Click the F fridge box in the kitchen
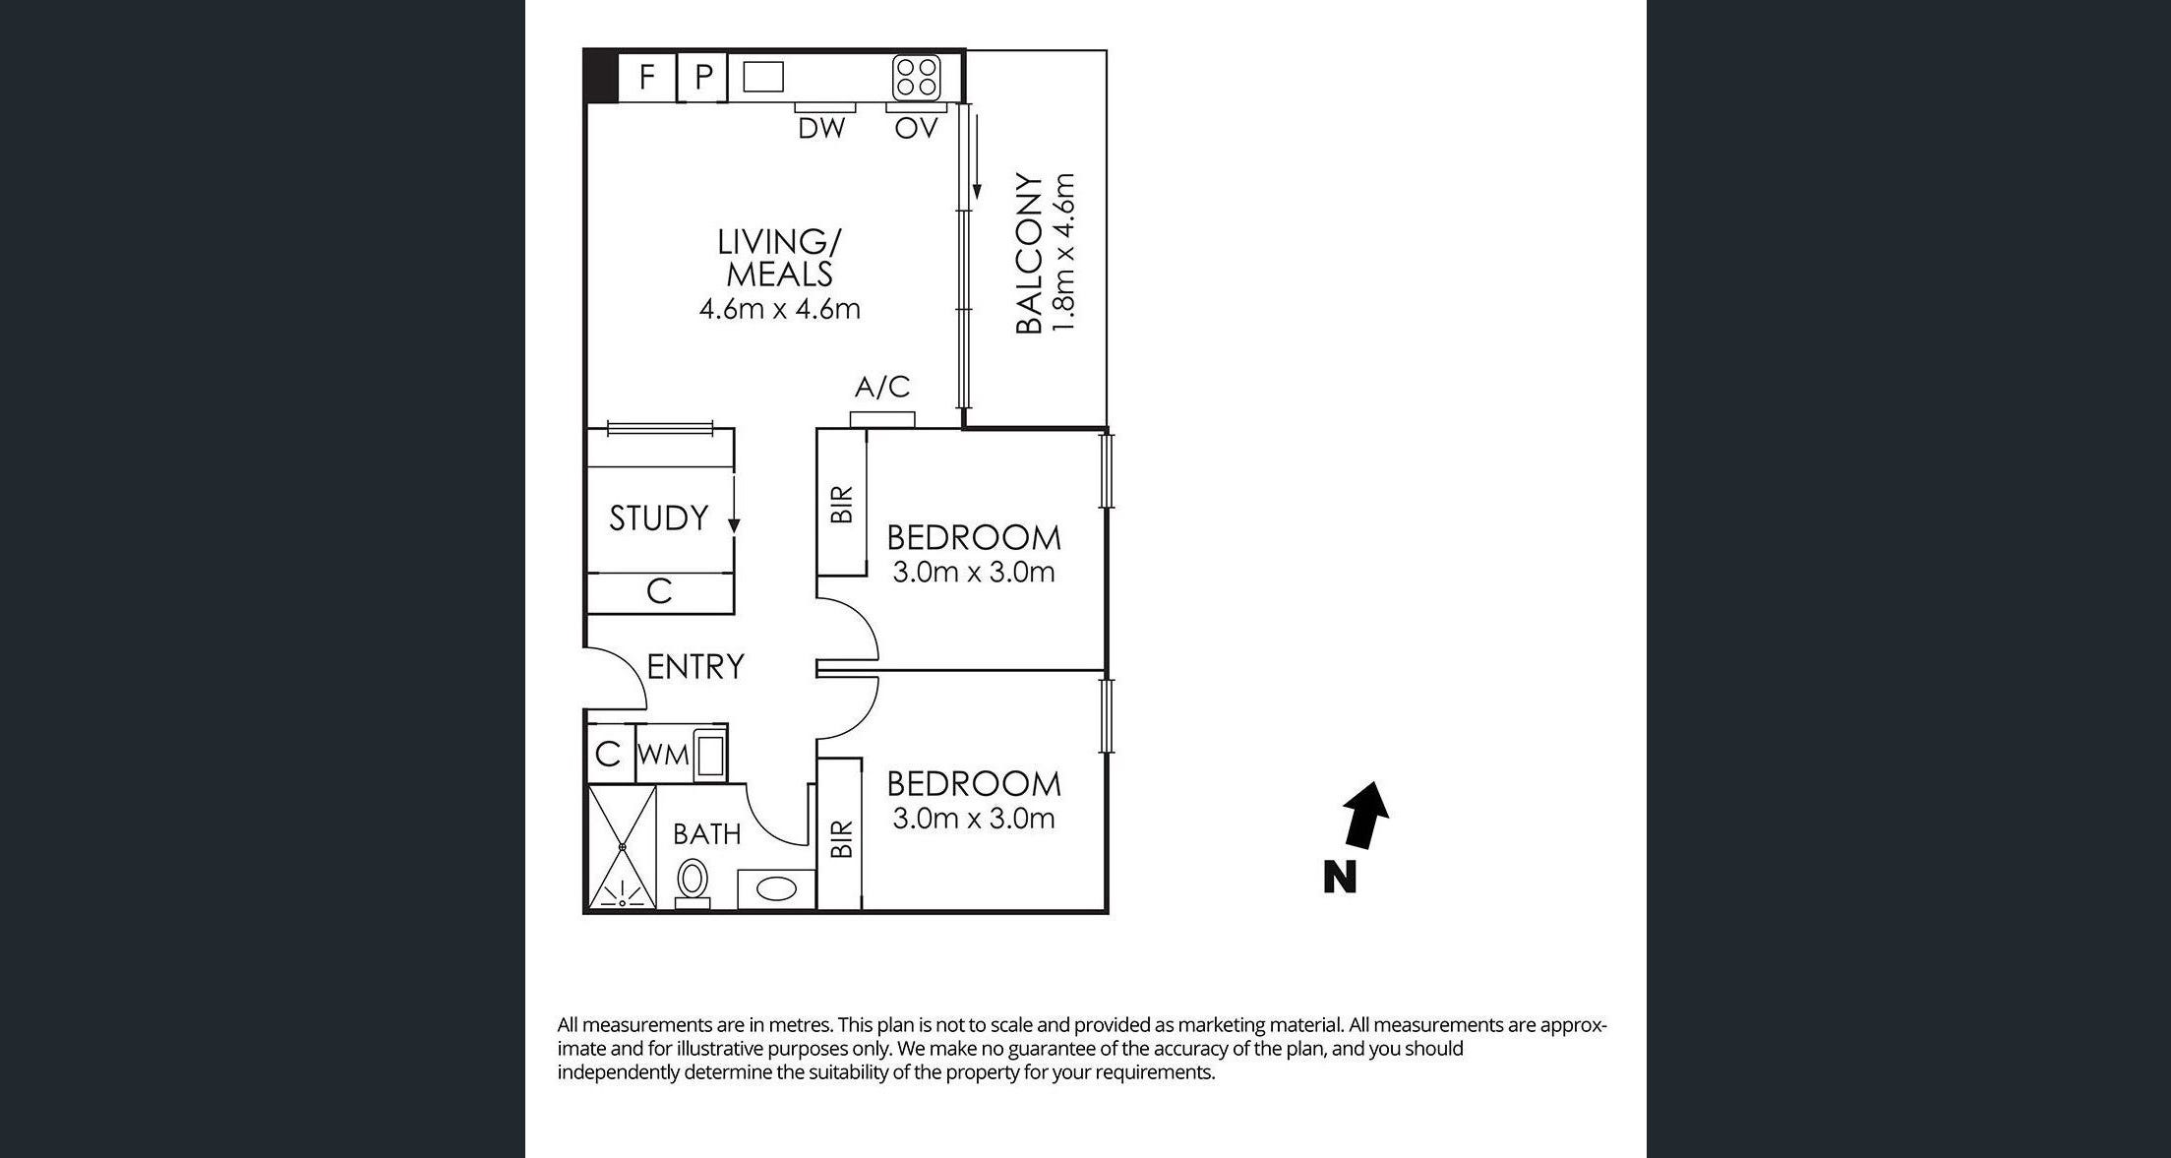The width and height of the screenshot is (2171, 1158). point(646,77)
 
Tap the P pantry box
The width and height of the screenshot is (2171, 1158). point(702,77)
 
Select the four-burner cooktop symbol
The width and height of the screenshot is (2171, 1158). point(916,77)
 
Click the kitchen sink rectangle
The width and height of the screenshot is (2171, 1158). point(763,77)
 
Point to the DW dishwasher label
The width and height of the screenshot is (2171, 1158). point(821,128)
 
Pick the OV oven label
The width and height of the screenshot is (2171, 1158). point(916,128)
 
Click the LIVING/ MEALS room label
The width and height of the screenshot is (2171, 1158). point(779,258)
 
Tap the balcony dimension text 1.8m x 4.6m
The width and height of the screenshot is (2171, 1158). point(1064,253)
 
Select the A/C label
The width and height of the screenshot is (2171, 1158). point(882,388)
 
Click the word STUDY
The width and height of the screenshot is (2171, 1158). point(658,518)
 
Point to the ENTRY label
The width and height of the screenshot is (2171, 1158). point(695,667)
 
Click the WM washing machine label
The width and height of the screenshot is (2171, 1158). point(663,756)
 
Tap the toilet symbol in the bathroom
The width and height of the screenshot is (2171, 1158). point(693,881)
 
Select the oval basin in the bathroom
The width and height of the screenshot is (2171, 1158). point(775,890)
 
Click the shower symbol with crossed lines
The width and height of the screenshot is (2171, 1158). point(622,846)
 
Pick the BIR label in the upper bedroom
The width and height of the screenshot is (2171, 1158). point(842,504)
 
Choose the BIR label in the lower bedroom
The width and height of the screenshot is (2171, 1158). point(841,839)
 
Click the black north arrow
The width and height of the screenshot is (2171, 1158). point(1364,815)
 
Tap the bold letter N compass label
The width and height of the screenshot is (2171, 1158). point(1340,877)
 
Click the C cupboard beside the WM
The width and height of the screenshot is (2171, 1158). point(608,755)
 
